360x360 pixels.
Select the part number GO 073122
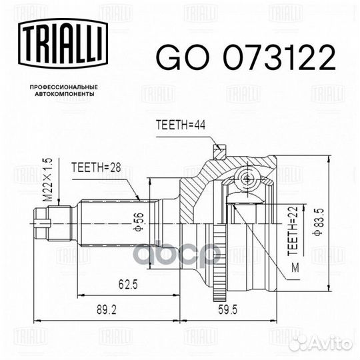coord(245,59)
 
